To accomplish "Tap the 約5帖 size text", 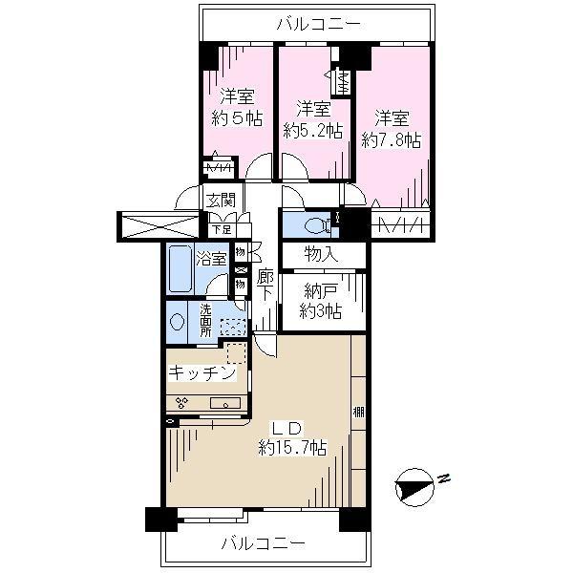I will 237,118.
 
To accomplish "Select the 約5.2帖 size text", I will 312,131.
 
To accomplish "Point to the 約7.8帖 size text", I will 392,139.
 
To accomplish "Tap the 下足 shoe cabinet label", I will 221,229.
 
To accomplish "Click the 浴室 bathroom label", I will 212,257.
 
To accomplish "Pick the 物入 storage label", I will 322,255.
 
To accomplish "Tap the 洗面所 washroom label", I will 207,316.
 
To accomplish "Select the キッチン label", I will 202,373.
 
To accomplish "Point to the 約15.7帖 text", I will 291,446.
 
